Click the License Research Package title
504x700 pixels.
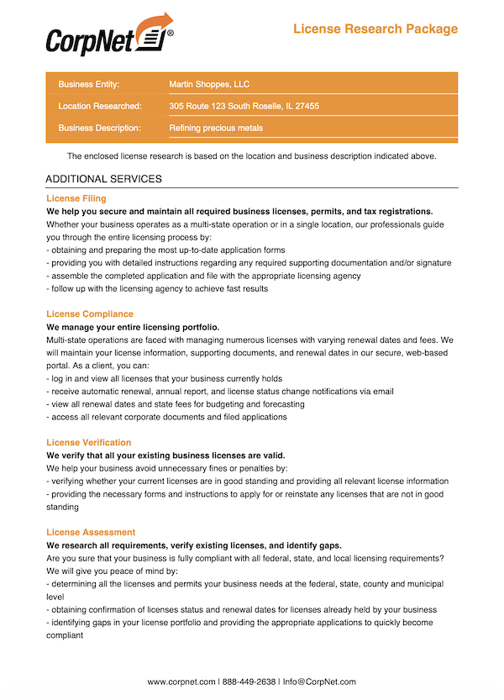point(375,29)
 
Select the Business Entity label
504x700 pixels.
point(89,84)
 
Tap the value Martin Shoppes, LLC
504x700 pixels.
point(209,84)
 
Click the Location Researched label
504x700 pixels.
point(99,107)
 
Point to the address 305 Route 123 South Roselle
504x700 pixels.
point(244,107)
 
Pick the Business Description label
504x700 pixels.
point(99,129)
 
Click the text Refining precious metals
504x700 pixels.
point(216,129)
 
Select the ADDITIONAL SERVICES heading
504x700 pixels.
point(103,179)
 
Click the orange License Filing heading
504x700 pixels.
point(76,198)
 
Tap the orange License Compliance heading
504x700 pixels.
point(90,314)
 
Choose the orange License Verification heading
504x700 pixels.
point(89,443)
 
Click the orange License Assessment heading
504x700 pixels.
point(91,533)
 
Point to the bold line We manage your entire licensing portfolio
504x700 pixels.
point(133,327)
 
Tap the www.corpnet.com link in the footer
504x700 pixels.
point(181,682)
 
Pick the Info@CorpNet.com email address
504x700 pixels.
point(319,682)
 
